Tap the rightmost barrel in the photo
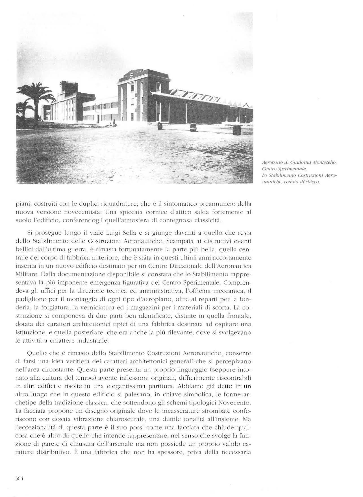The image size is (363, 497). click(237, 129)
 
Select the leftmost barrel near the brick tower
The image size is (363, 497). click(160, 126)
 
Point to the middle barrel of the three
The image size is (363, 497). click(194, 127)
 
